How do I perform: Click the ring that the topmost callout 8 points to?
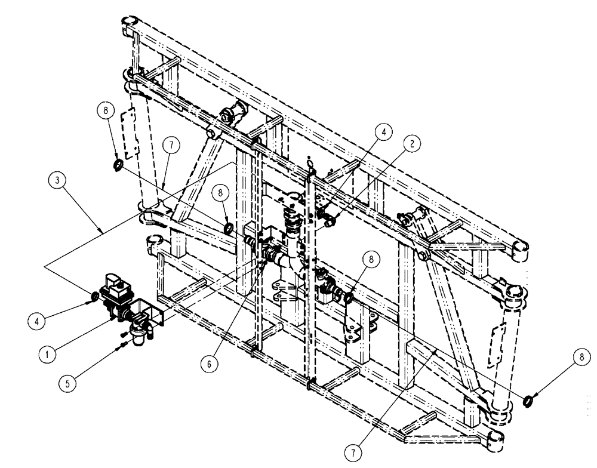coord(118,165)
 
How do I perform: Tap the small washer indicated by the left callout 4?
coord(94,297)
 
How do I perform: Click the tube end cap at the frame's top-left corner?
coord(131,27)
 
